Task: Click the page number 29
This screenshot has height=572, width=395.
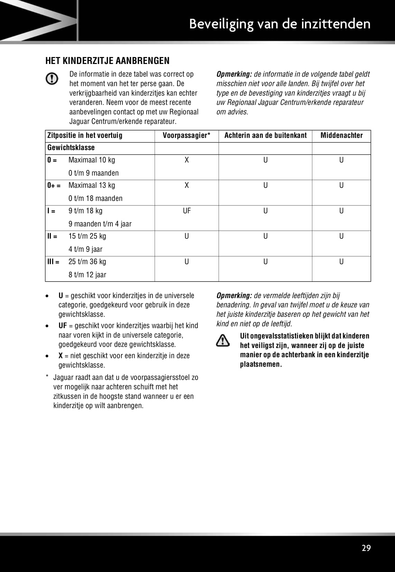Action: [x=366, y=548]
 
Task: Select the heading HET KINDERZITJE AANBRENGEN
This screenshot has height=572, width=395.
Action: [x=108, y=61]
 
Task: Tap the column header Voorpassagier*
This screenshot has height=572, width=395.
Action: [x=186, y=136]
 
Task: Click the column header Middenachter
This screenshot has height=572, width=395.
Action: [x=341, y=136]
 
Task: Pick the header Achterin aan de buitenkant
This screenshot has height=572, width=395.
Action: [x=265, y=136]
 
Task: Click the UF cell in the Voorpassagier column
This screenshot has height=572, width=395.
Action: [x=186, y=211]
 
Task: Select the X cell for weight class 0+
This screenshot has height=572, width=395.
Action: [x=186, y=185]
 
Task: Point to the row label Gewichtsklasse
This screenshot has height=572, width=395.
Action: [x=71, y=148]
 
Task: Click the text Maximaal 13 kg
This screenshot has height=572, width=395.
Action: [x=92, y=185]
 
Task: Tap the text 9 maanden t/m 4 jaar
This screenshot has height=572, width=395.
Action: [x=100, y=224]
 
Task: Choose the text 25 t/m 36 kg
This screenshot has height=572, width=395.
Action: [x=87, y=261]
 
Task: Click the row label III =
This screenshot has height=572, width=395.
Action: [x=53, y=261]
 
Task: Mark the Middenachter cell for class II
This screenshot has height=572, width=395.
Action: [x=341, y=236]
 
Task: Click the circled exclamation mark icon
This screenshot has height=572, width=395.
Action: [x=52, y=79]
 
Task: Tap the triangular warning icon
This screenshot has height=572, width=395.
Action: [x=223, y=341]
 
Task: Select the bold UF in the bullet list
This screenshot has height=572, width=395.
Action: [x=63, y=326]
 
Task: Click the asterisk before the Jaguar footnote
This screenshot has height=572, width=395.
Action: [x=47, y=377]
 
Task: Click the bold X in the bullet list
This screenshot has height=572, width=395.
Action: [x=61, y=356]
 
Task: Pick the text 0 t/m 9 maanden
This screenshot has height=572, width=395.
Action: [x=93, y=173]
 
